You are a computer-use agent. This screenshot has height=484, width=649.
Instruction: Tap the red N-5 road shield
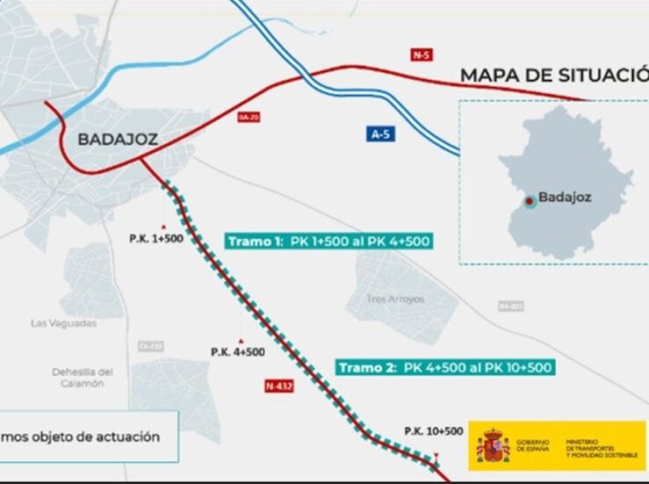tap(422, 54)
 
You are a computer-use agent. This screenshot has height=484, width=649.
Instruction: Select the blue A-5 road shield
tap(379, 134)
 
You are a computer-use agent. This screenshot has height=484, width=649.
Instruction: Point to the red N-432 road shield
tap(278, 386)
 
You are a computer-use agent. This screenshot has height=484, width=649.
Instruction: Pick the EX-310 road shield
tap(151, 347)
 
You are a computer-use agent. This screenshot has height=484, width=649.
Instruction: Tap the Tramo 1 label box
tap(329, 242)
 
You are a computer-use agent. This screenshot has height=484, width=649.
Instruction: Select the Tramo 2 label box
tap(444, 367)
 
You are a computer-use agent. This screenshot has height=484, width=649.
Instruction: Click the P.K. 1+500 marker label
tap(155, 238)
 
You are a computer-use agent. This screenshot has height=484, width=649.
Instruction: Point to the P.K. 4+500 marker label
tap(237, 351)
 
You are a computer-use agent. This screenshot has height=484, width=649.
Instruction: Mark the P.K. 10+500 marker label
tap(433, 430)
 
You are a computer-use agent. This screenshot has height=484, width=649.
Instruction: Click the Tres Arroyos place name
tap(396, 300)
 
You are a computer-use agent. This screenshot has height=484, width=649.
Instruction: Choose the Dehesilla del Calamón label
tap(83, 377)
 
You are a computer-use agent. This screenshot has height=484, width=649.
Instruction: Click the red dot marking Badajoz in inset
tap(529, 201)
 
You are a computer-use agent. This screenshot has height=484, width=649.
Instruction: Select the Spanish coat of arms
tap(493, 446)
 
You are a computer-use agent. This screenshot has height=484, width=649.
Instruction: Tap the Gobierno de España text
tap(533, 446)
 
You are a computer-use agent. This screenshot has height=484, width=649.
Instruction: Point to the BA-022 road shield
tap(510, 306)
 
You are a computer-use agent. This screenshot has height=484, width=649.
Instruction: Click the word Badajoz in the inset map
tap(565, 198)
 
